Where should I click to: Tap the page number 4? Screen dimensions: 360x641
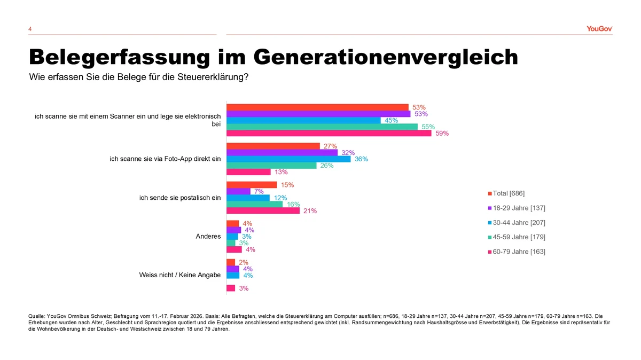tap(30, 29)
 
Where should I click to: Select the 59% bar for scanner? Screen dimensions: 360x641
tap(329, 134)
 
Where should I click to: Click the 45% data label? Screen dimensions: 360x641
tap(392, 121)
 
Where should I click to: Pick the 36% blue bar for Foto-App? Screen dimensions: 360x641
tap(288, 159)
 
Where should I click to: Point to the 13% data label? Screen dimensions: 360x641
tap(282, 172)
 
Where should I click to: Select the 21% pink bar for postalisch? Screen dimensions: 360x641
tap(263, 211)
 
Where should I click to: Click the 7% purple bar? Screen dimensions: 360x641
tap(238, 191)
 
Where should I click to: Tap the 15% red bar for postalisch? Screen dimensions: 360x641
tap(252, 185)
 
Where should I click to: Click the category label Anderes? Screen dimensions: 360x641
tap(209, 236)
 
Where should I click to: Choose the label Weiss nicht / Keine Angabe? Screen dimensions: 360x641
tap(179, 275)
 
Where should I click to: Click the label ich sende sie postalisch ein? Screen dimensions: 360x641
tap(179, 198)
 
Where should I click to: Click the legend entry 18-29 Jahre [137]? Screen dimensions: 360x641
tap(518, 208)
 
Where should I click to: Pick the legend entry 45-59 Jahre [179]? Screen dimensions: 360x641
tap(518, 237)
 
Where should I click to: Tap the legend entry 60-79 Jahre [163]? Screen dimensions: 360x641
tap(518, 251)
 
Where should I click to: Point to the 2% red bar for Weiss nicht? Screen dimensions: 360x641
tap(231, 262)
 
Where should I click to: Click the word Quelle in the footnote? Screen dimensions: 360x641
tap(36, 316)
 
